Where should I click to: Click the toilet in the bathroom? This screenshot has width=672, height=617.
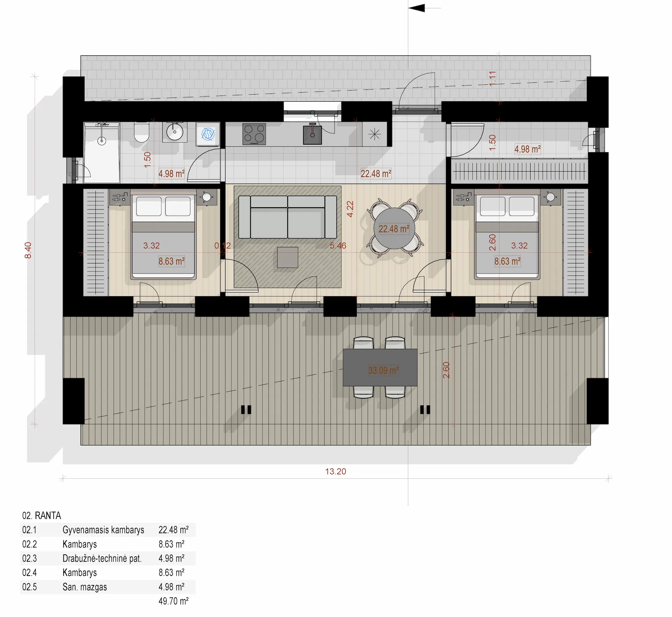tap(141, 133)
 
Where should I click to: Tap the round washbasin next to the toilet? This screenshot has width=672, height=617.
tap(175, 132)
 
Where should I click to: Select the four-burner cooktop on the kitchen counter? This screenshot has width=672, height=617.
tap(254, 134)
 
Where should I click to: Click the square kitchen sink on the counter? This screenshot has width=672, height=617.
tap(312, 135)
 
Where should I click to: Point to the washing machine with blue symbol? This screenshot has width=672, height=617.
tap(208, 134)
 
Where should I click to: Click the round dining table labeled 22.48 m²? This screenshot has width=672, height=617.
tap(394, 229)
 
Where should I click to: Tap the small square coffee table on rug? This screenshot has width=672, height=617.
tap(288, 257)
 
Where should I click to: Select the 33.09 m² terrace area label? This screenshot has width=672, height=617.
tap(383, 370)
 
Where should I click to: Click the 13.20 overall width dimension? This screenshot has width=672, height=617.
tap(335, 471)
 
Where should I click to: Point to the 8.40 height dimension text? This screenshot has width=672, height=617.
tap(28, 250)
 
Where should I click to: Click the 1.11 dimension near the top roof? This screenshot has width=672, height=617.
tap(492, 78)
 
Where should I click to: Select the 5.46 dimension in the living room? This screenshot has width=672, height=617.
tap(338, 246)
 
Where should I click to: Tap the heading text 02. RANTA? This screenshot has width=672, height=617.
tap(42, 515)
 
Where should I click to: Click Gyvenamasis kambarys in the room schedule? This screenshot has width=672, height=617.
tap(103, 530)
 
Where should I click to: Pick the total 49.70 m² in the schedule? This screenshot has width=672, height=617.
tap(173, 601)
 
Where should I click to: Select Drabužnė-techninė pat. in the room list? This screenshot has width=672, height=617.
tap(102, 558)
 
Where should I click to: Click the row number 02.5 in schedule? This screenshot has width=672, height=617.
tap(30, 587)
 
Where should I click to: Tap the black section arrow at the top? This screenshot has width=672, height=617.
tap(417, 8)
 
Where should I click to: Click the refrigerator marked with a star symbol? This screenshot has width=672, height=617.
tap(374, 135)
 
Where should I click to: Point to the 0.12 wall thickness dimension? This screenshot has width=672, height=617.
tap(222, 246)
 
